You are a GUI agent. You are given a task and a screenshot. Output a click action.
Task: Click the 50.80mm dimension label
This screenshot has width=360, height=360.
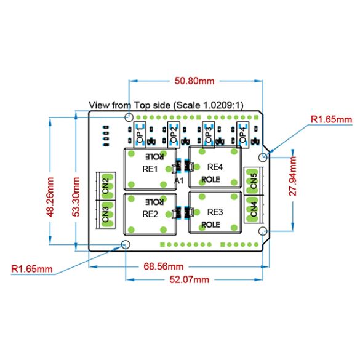[194, 81]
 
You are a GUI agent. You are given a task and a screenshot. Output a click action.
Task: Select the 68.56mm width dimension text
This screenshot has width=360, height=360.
[164, 266]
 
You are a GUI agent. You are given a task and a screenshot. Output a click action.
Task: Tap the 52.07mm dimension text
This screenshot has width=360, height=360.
[190, 279]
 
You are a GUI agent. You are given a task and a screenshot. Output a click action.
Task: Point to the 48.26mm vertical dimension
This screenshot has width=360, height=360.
[50, 197]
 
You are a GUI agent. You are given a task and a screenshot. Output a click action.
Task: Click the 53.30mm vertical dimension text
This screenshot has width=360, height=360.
[76, 197]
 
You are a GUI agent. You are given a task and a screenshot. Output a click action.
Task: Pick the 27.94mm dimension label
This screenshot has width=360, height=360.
[293, 177]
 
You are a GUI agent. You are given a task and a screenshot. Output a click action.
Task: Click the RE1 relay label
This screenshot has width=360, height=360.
[150, 169]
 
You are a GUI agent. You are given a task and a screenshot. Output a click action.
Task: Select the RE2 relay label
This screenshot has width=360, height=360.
[150, 214]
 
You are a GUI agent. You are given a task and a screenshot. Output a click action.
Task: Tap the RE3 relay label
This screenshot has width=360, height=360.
[215, 212]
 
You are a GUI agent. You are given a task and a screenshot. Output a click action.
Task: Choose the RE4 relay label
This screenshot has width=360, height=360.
[215, 167]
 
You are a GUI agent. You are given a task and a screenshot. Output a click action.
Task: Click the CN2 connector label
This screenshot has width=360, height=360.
[105, 186]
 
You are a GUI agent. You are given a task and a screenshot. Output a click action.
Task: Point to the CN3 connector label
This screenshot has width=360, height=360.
[105, 214]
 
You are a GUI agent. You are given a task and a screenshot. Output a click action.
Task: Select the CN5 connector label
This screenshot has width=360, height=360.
[254, 181]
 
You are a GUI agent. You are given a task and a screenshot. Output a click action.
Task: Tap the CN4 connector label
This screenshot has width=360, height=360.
[254, 209]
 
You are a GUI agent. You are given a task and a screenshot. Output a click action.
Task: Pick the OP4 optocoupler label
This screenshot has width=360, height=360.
[242, 135]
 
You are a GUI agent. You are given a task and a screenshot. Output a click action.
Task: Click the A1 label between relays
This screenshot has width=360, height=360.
[179, 181]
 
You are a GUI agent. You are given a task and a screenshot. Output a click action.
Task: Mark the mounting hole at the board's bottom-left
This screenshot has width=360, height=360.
[126, 244]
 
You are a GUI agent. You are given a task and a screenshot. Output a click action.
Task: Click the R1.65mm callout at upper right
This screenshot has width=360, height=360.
[331, 119]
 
